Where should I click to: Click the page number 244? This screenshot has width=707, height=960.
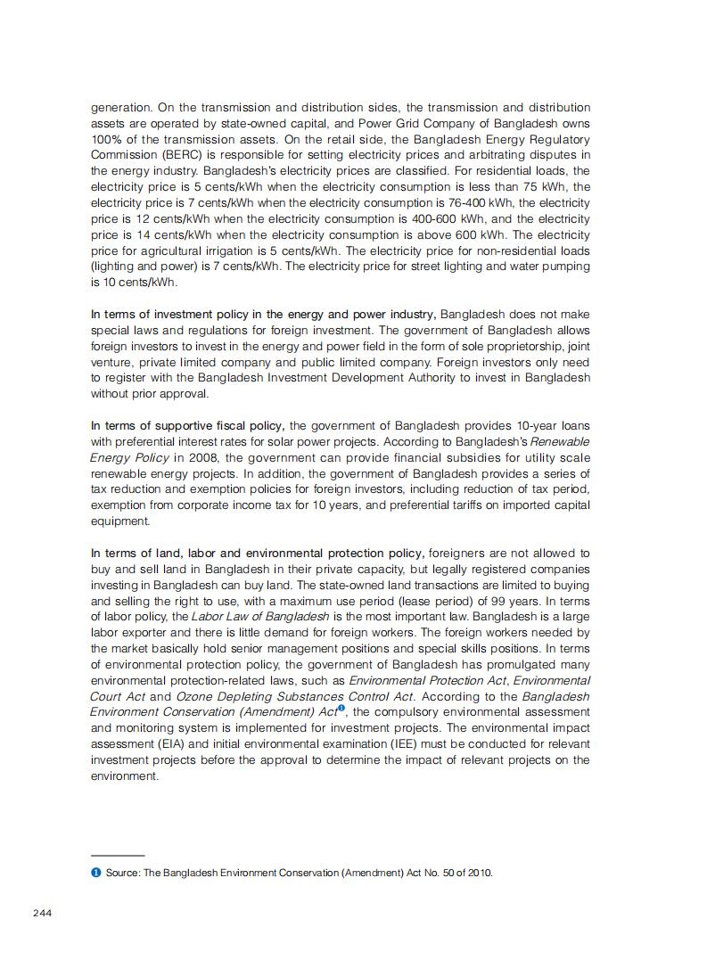point(43,913)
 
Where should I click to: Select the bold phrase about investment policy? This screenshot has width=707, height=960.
point(263,315)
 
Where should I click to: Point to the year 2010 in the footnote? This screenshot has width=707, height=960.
point(479,873)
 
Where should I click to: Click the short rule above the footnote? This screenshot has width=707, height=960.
point(118,856)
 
